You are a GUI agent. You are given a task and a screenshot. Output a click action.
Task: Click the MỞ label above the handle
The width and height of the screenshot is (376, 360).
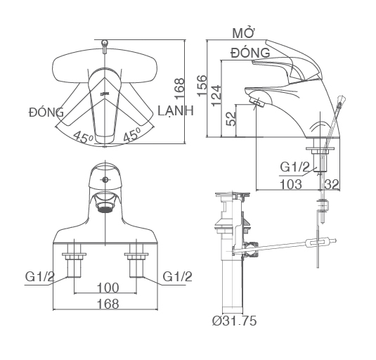tap(243, 33)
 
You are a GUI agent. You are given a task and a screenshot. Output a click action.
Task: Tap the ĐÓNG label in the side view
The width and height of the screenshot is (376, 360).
tap(250, 53)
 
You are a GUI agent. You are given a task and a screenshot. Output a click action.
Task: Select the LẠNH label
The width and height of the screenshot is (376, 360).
tap(176, 110)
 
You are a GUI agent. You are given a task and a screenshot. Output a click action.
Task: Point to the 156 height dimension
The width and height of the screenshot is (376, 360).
tap(202, 86)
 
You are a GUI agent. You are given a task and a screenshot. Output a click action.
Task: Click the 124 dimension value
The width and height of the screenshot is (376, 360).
tap(216, 95)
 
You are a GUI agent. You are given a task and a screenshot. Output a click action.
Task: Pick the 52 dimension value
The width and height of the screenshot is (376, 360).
tap(232, 119)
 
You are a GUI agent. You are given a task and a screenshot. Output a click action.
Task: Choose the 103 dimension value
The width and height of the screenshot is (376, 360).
tap(291, 184)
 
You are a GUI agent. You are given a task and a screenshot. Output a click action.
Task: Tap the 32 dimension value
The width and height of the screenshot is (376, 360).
tap(332, 184)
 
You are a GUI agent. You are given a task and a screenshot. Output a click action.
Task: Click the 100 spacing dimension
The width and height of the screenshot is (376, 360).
tap(108, 288)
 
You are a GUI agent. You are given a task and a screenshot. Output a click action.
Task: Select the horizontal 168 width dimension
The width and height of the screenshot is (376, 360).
tap(108, 304)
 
